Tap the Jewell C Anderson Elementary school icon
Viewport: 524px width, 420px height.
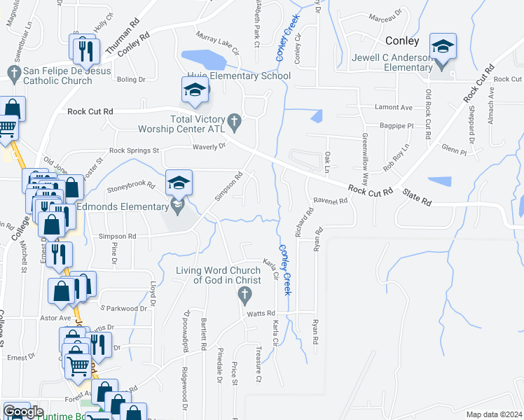point(442,48)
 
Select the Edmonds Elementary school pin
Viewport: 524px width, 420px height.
point(179,183)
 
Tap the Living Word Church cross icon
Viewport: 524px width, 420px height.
point(244,296)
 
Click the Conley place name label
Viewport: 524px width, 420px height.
point(402,41)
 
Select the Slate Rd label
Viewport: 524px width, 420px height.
point(416,200)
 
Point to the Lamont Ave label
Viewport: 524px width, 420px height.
point(374,107)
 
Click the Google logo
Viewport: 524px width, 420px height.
point(23,411)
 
